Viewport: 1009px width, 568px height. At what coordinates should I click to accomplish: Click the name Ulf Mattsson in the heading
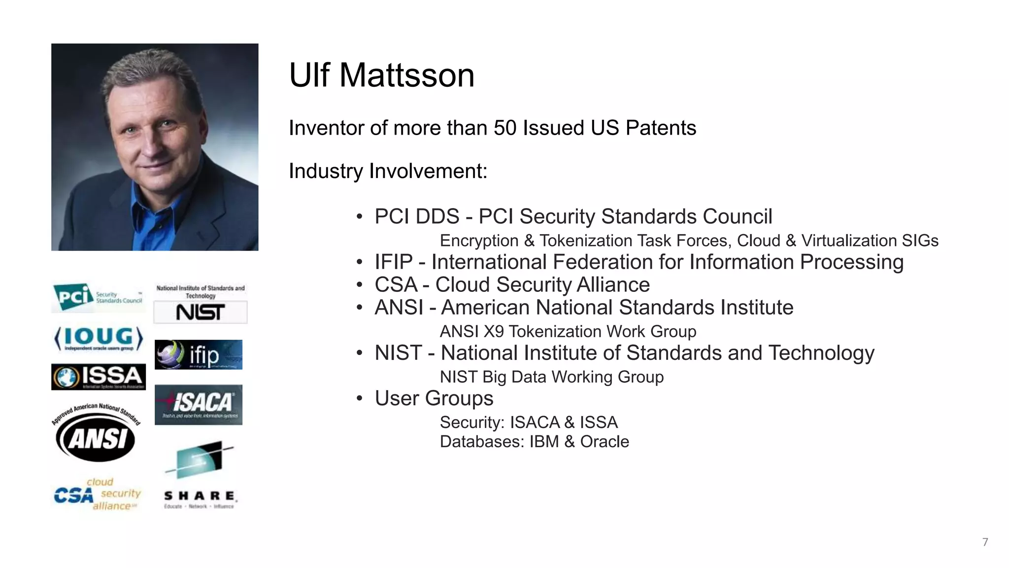tap(382, 75)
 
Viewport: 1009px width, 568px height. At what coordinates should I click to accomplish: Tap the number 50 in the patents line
tap(504, 128)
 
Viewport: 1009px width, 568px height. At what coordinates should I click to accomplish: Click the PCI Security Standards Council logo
tap(99, 297)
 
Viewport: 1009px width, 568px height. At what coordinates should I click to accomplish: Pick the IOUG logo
tap(99, 338)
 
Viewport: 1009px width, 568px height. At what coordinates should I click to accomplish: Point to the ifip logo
tap(199, 355)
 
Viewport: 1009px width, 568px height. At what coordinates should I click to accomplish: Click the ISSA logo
tap(99, 377)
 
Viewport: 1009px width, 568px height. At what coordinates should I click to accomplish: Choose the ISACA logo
tap(199, 404)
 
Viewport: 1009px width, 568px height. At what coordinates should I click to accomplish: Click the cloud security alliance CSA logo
tap(98, 494)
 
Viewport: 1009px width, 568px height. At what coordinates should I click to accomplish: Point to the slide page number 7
tap(985, 542)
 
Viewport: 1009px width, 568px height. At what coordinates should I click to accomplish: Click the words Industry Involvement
tap(388, 172)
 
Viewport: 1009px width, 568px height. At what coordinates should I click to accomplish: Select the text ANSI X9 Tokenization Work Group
tap(568, 331)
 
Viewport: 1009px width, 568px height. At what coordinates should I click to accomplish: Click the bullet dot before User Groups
tap(360, 398)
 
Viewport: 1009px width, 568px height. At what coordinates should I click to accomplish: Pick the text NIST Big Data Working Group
tap(551, 377)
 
